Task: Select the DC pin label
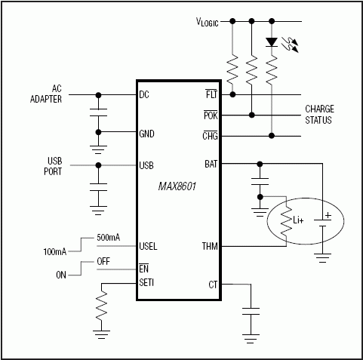[x=144, y=95]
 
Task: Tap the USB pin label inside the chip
[x=147, y=165]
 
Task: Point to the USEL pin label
[x=149, y=246]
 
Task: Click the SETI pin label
[x=148, y=283]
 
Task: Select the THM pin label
[x=210, y=246]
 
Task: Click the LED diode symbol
[x=271, y=42]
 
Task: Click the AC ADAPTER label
[x=46, y=94]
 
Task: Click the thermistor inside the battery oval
[x=286, y=223]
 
